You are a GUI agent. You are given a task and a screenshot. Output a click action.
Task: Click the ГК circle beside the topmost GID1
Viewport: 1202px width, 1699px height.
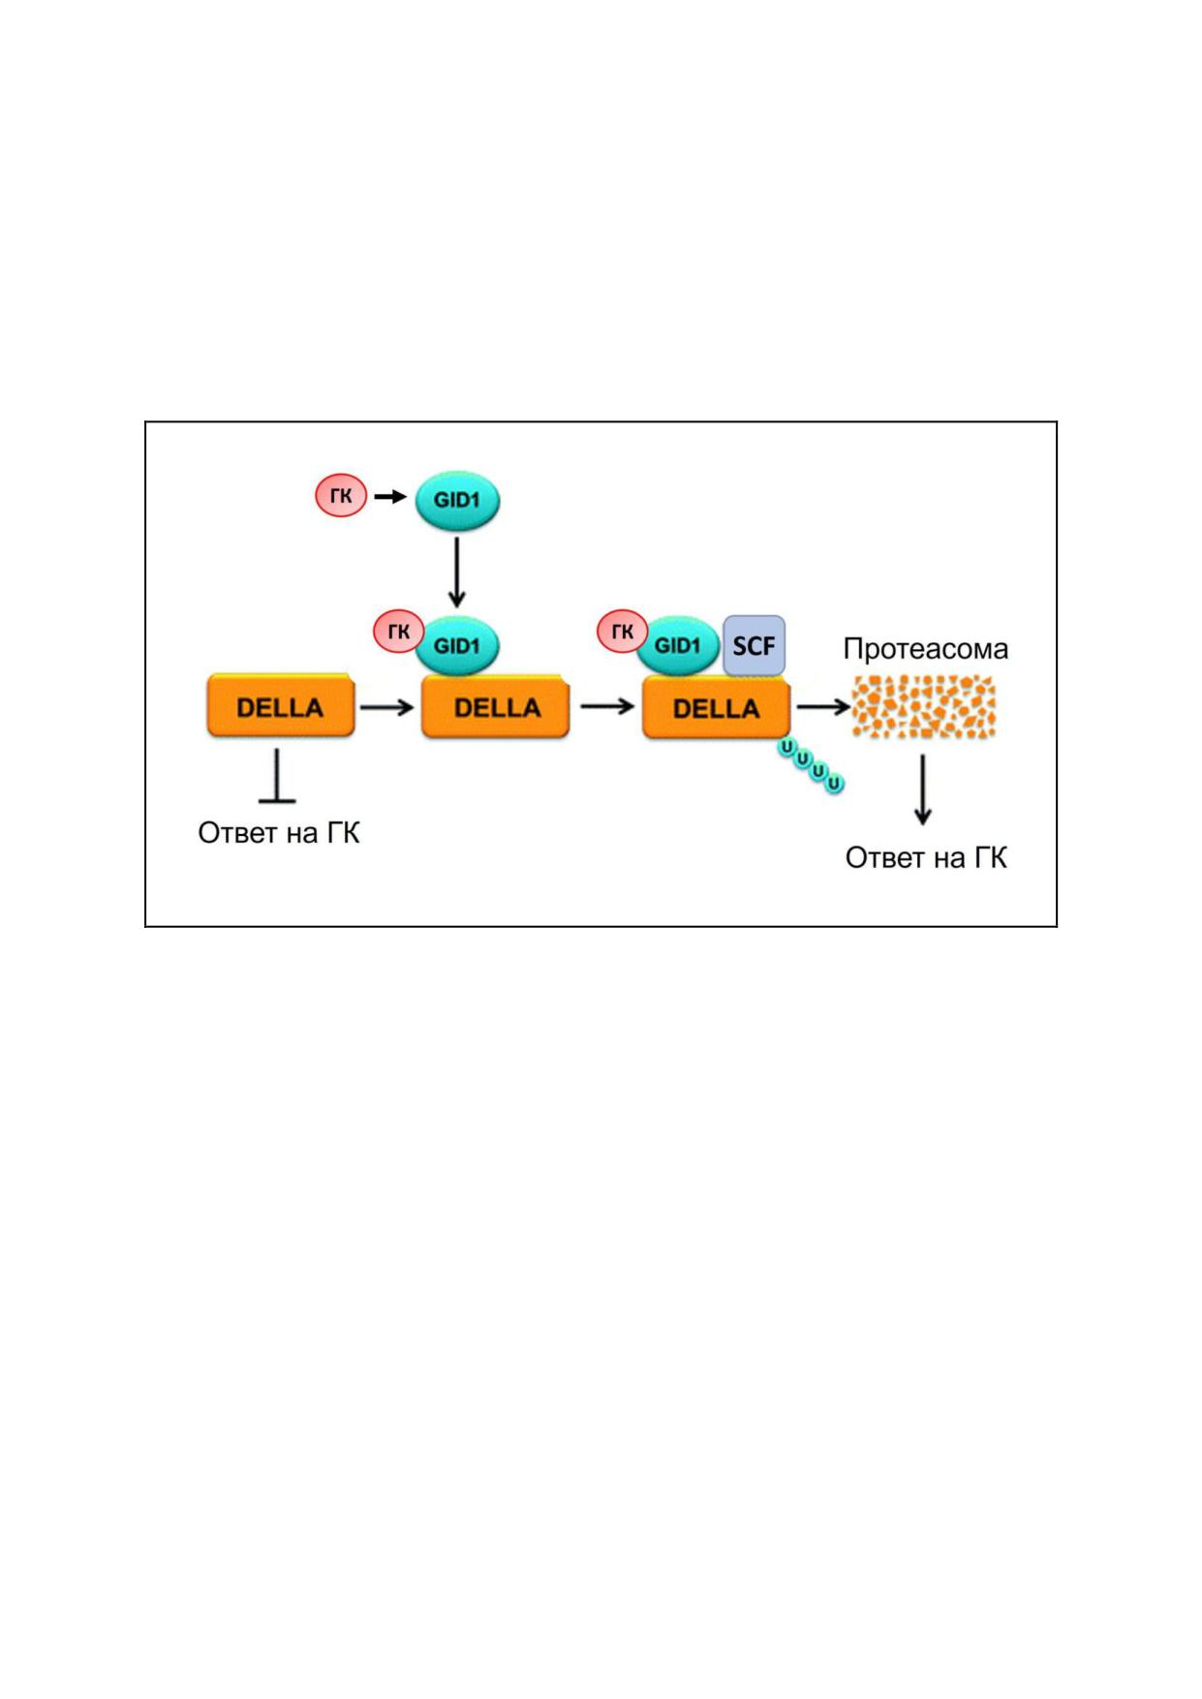tap(341, 497)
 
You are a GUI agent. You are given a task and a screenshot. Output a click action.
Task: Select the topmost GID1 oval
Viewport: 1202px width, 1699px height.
tap(457, 502)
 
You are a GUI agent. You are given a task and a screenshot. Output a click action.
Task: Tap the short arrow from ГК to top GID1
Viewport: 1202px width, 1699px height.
tap(390, 497)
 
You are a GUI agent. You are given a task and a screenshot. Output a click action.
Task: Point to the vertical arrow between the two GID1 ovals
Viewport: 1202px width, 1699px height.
tap(457, 572)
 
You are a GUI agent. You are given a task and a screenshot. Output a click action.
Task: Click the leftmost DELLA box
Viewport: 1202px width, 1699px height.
tap(281, 707)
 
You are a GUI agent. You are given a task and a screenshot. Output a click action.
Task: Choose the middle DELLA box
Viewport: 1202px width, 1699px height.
tap(496, 707)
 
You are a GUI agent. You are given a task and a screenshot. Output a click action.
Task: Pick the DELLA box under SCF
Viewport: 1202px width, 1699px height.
tap(717, 708)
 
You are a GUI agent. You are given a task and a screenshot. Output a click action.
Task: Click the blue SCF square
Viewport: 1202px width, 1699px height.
tap(754, 646)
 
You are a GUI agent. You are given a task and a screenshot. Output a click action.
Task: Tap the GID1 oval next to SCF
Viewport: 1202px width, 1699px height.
tap(677, 645)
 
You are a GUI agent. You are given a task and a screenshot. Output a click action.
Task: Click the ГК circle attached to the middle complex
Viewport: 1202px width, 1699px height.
tap(398, 633)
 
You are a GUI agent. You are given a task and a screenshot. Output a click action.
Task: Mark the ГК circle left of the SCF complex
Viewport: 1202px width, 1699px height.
tap(622, 633)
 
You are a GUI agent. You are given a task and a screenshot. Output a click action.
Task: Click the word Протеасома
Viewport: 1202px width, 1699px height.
tap(926, 648)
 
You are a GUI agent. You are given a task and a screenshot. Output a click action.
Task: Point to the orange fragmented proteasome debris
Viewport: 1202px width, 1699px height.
tap(923, 707)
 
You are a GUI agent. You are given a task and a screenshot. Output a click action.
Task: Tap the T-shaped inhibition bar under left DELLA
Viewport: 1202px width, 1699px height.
tap(278, 775)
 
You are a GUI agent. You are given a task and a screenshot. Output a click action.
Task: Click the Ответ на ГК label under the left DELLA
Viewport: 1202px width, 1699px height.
tap(279, 833)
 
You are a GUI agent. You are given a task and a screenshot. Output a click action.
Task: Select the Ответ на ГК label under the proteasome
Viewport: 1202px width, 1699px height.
tap(926, 858)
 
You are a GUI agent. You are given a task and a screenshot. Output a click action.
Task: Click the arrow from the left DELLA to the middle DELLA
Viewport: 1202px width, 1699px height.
tap(387, 707)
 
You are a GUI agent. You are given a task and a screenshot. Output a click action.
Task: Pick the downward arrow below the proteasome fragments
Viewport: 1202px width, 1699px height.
tap(923, 789)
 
